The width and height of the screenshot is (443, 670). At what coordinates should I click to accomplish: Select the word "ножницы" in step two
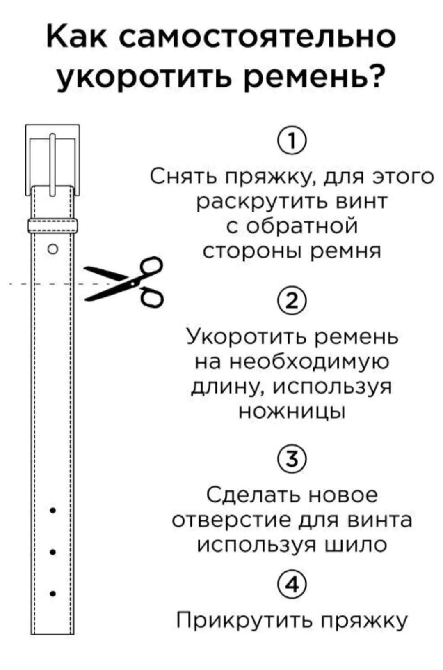pos(292,411)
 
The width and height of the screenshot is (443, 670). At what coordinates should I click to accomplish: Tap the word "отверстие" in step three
pos(232,520)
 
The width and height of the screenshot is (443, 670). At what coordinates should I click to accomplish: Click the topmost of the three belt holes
pos(53,511)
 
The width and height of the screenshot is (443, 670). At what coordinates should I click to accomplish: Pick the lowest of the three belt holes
pos(53,593)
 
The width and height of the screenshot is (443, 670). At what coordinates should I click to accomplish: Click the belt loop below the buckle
pos(53,226)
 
